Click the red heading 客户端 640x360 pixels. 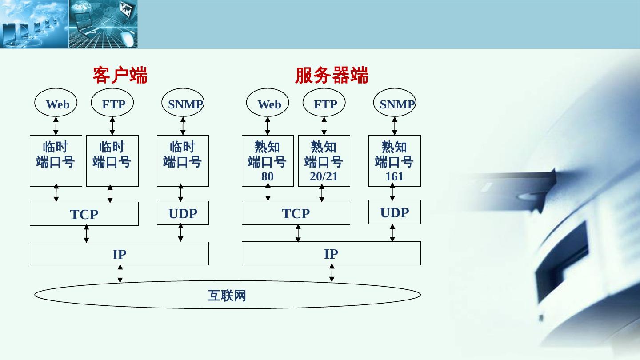click(120, 75)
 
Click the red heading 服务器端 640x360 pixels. click(332, 75)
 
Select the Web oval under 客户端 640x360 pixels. click(56, 103)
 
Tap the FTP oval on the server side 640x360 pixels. click(324, 103)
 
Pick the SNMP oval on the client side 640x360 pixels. click(183, 103)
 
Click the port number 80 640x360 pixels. click(268, 176)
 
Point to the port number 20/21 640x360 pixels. click(324, 176)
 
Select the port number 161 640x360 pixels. click(394, 176)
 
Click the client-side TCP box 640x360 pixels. click(84, 214)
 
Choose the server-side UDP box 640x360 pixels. click(394, 212)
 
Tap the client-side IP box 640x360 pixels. click(119, 254)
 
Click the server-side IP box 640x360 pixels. click(331, 253)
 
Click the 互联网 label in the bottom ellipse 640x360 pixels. click(227, 296)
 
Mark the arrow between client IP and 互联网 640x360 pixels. click(120, 274)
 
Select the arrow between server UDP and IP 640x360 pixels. click(392, 233)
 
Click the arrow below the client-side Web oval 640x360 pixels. click(56, 126)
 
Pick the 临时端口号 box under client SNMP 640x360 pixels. click(183, 160)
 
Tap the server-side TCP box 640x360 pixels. click(296, 213)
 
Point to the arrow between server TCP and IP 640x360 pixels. click(298, 233)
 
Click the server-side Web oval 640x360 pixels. click(268, 103)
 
